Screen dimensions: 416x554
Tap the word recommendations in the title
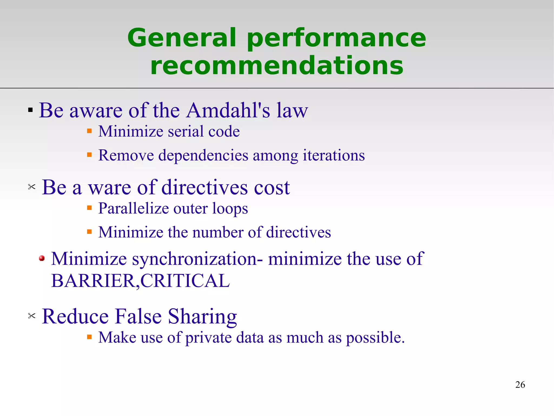pyautogui.click(x=277, y=65)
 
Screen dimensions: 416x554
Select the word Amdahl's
pyautogui.click(x=229, y=110)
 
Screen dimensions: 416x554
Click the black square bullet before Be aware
pyautogui.click(x=30, y=110)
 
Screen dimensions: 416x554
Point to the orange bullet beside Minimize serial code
pyautogui.click(x=89, y=131)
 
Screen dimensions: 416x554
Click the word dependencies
pyautogui.click(x=203, y=156)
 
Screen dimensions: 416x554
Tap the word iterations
pyautogui.click(x=334, y=155)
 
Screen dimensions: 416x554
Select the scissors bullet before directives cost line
pyautogui.click(x=32, y=187)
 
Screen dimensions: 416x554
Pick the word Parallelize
pyautogui.click(x=134, y=208)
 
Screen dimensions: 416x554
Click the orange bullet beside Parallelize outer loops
pyautogui.click(x=89, y=208)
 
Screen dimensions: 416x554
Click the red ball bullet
pyautogui.click(x=42, y=258)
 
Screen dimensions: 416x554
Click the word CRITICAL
pyautogui.click(x=185, y=281)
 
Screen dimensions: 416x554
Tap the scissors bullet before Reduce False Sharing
pyautogui.click(x=32, y=316)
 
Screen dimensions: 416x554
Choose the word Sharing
pyautogui.click(x=202, y=317)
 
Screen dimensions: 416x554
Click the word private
pyautogui.click(x=208, y=338)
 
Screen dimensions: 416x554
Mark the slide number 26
pyautogui.click(x=520, y=385)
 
